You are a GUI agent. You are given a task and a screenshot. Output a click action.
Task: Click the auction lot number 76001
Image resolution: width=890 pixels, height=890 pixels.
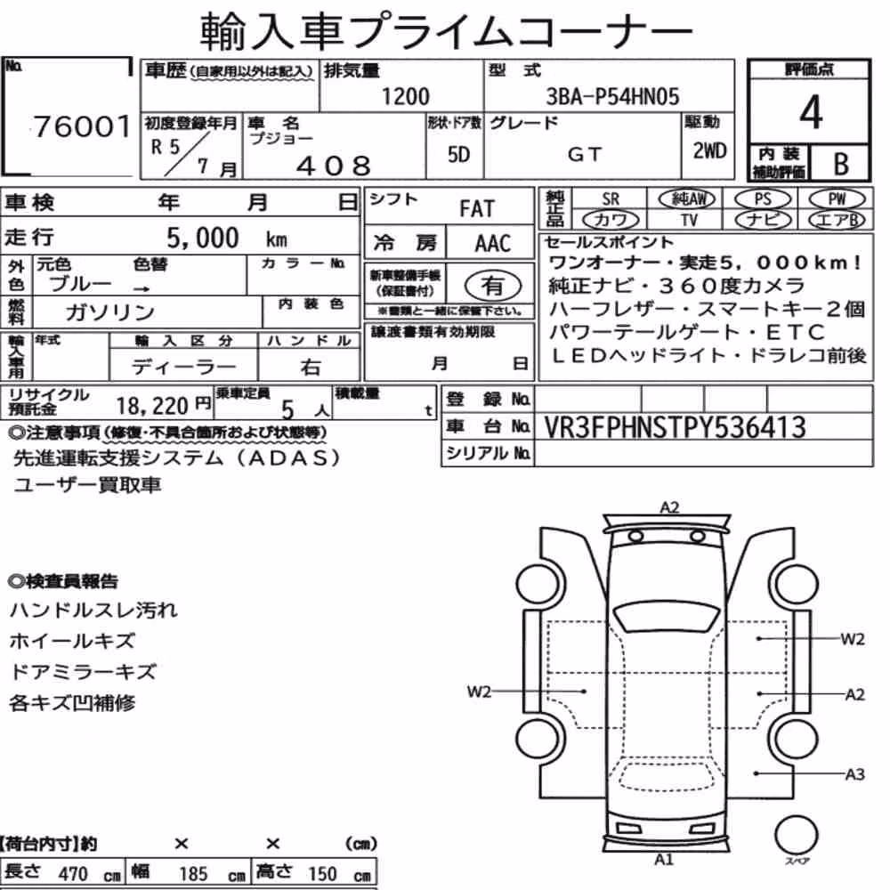click(82, 126)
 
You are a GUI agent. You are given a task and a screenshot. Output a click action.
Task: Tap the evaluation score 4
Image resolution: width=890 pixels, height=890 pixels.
click(811, 112)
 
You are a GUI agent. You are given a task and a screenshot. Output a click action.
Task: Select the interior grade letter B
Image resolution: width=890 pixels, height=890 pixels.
click(841, 165)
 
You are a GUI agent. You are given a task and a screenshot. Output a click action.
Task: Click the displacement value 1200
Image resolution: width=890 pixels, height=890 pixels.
click(405, 96)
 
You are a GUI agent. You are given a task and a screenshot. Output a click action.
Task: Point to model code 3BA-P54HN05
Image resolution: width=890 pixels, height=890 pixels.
click(612, 96)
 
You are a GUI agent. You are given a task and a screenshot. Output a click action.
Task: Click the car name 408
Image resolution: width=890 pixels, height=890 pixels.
click(334, 166)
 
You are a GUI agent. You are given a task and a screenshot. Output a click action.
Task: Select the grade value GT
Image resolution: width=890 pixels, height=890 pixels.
click(585, 154)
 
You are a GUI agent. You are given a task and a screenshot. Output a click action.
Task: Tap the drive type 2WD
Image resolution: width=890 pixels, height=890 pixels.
click(709, 150)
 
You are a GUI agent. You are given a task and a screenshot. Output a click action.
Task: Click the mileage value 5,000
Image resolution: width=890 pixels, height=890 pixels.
click(203, 238)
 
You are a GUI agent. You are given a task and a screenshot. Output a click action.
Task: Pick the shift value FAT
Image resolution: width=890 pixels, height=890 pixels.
click(477, 209)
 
